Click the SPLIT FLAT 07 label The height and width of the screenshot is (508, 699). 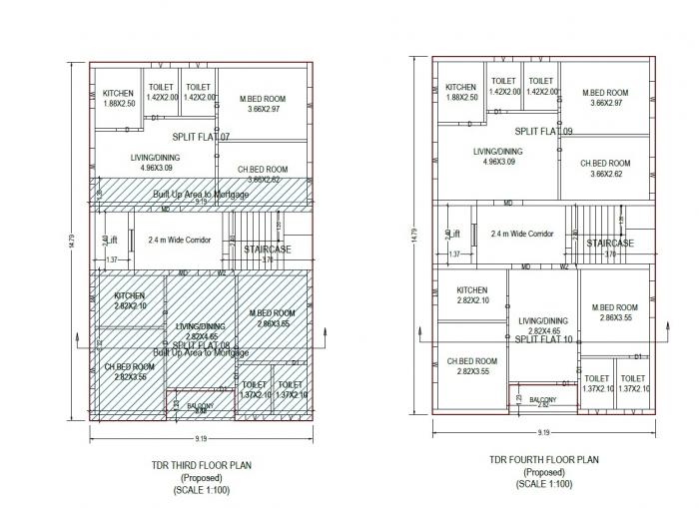(x=201, y=137)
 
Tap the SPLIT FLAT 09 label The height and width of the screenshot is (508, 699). (x=544, y=132)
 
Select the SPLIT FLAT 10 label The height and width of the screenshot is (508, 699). (x=543, y=339)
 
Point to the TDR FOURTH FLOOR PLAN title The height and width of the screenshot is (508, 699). (x=544, y=460)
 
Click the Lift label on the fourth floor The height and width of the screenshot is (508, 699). (x=453, y=234)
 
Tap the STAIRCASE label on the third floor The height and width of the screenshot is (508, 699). (x=268, y=250)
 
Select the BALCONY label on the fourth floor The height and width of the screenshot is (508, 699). (x=543, y=398)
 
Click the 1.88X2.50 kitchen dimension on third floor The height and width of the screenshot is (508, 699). (x=119, y=103)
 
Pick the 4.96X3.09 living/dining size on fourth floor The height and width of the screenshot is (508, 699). (x=498, y=162)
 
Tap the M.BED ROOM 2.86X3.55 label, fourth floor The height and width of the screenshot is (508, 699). (x=613, y=312)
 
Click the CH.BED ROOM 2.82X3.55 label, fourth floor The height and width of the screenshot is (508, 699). (x=472, y=366)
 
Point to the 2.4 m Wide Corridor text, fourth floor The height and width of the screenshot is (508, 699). (x=521, y=234)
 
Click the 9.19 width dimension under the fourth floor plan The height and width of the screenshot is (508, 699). (x=543, y=432)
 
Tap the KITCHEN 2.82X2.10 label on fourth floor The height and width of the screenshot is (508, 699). (x=472, y=295)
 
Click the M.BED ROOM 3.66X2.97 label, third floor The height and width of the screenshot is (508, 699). (x=262, y=103)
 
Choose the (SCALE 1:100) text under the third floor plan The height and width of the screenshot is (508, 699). (x=200, y=490)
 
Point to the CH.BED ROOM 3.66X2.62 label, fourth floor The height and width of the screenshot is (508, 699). (x=606, y=169)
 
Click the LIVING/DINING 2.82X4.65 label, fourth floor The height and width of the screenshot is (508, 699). (x=543, y=325)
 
